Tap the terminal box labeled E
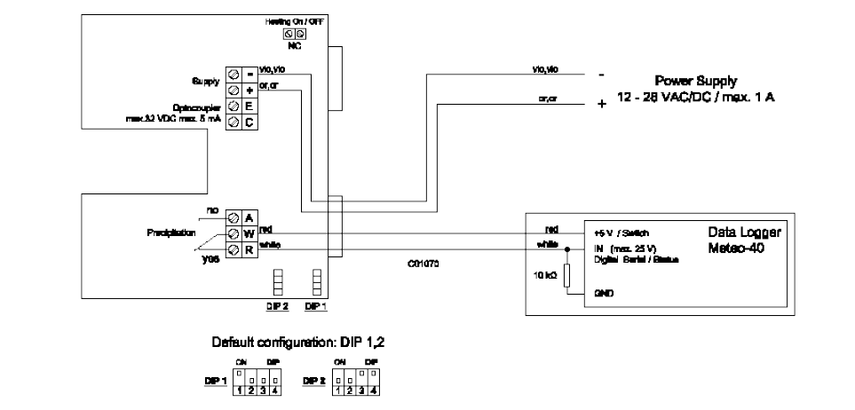pyautogui.click(x=249, y=105)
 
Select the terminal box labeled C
pyautogui.click(x=249, y=122)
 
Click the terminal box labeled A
pyautogui.click(x=249, y=217)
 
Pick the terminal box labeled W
pyautogui.click(x=249, y=233)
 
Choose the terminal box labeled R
pyautogui.click(x=249, y=248)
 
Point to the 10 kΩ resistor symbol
pyautogui.click(x=566, y=275)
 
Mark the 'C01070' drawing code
pyautogui.click(x=424, y=264)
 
